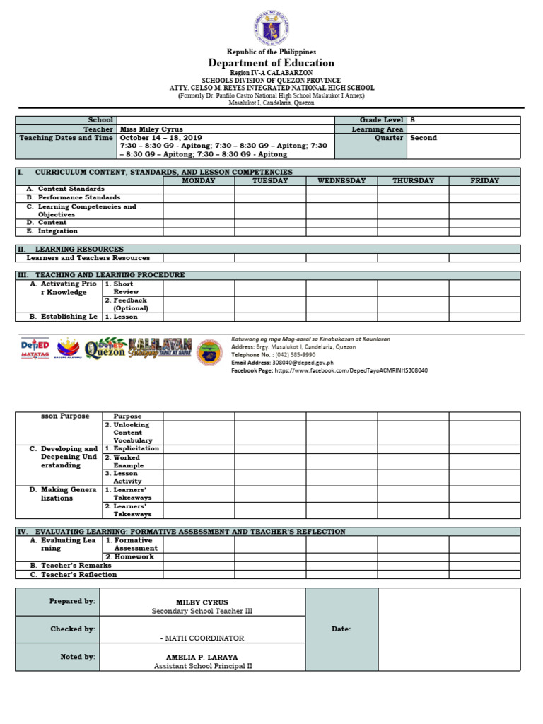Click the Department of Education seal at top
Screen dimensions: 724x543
coord(271,28)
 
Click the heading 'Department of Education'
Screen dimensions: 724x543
coord(271,63)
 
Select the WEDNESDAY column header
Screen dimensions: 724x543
coord(341,181)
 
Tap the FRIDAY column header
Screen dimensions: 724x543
coord(484,181)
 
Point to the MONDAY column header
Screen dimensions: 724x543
coord(199,181)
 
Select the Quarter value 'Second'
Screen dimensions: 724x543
coord(424,138)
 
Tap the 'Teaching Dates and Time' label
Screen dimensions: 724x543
coord(66,138)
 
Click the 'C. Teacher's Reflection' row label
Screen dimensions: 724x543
coord(74,575)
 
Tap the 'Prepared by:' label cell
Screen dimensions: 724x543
coord(72,601)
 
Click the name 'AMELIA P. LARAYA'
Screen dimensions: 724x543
coord(202,657)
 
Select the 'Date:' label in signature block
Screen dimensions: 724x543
coord(341,629)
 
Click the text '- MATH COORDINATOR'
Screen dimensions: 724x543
coord(202,638)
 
